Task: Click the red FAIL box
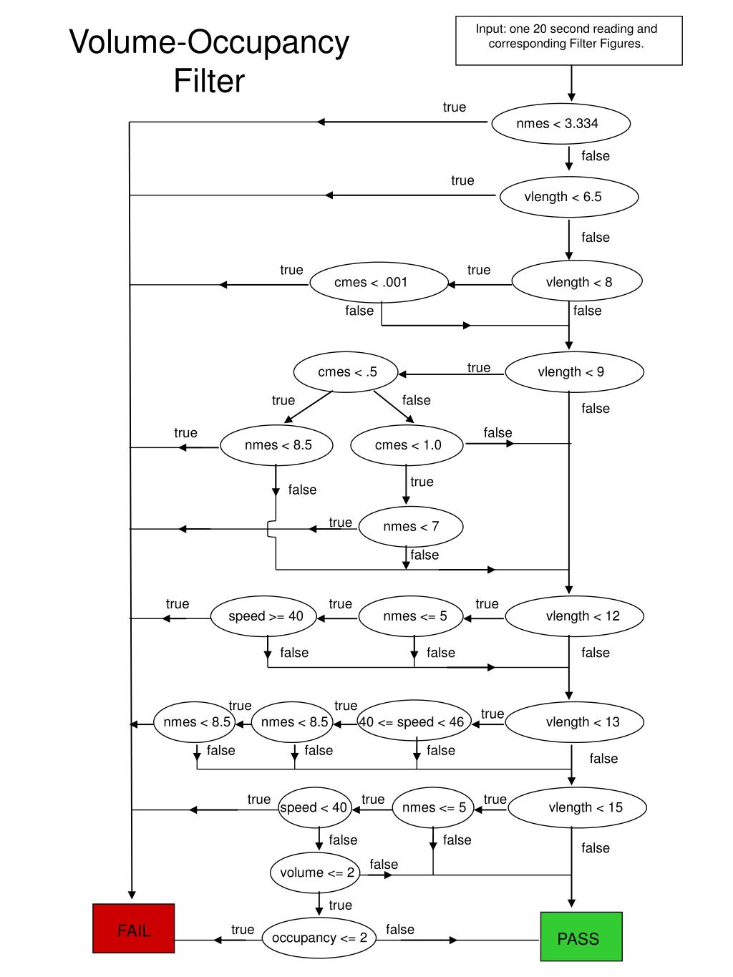(134, 928)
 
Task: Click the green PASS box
(581, 936)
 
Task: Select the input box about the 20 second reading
(569, 41)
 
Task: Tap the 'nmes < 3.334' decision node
(560, 123)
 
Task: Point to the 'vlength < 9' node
(575, 371)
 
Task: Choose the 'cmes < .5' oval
(346, 371)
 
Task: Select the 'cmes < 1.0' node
(407, 444)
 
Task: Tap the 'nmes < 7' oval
(411, 527)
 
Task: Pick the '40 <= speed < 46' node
(414, 721)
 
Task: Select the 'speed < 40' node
(314, 807)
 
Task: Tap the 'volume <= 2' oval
(316, 873)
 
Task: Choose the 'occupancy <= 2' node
(319, 938)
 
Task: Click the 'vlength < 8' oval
(577, 282)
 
